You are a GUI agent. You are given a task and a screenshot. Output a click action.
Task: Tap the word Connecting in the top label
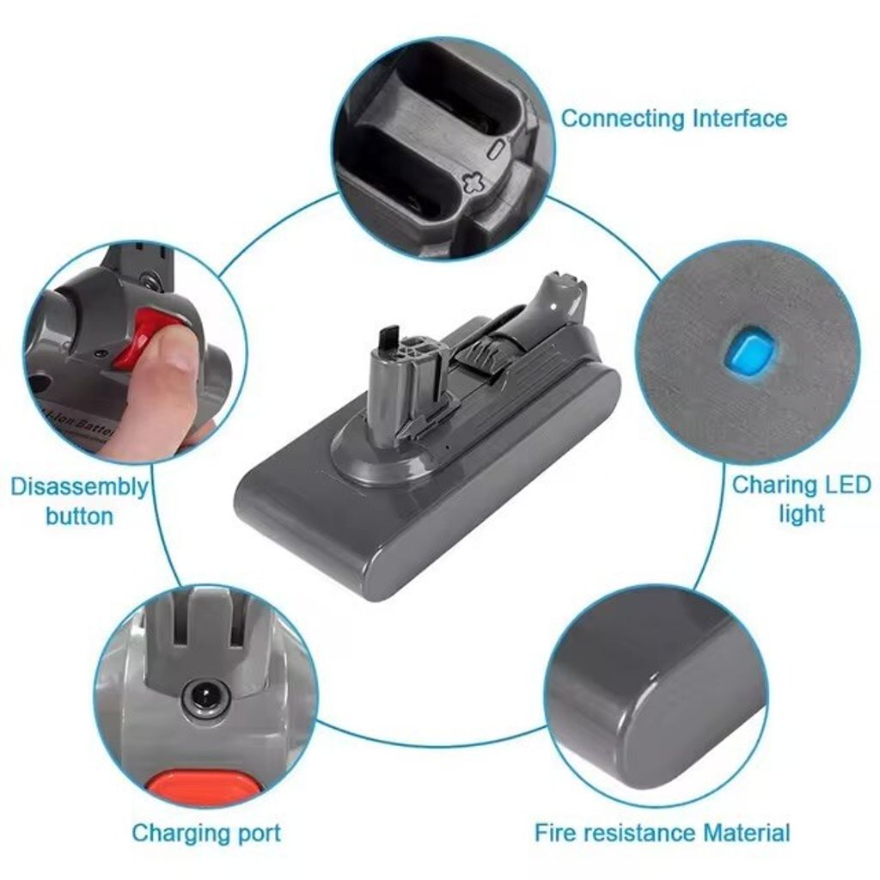[622, 119]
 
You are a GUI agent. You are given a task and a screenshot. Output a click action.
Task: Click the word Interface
[740, 119]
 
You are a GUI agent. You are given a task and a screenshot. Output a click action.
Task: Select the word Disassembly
[79, 488]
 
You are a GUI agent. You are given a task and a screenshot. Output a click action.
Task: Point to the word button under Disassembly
[79, 516]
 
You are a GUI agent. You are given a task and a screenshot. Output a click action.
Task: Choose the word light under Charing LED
[802, 514]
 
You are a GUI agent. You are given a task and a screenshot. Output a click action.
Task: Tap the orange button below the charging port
[206, 789]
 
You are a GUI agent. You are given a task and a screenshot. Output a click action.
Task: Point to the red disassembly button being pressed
[144, 336]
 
